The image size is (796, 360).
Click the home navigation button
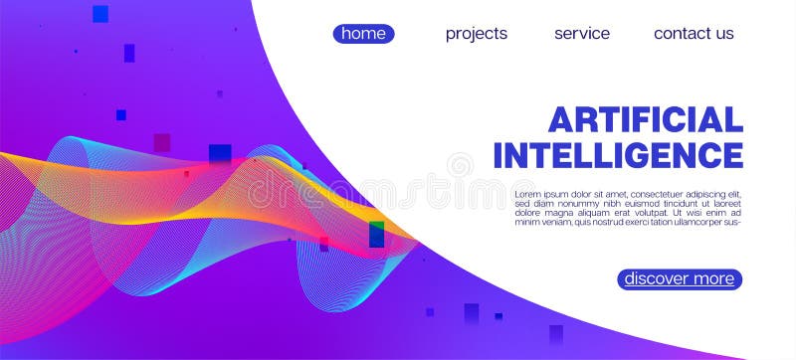pyautogui.click(x=363, y=34)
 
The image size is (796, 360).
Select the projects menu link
pyautogui.click(x=477, y=34)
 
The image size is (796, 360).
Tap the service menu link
pyautogui.click(x=582, y=34)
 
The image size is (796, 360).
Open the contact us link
pyautogui.click(x=694, y=34)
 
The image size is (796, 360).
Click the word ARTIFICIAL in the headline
pyautogui.click(x=646, y=120)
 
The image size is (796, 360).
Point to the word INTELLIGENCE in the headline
pyautogui.click(x=618, y=155)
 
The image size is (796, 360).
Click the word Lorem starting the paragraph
pyautogui.click(x=527, y=194)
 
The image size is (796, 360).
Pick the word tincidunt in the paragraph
pyautogui.click(x=681, y=203)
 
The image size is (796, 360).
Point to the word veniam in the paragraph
pyautogui.click(x=554, y=222)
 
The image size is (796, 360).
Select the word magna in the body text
pyautogui.click(x=562, y=213)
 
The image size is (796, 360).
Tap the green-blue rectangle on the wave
pyautogui.click(x=376, y=235)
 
